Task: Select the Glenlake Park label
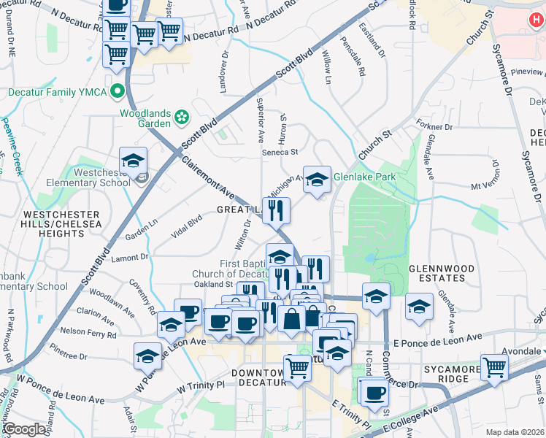(364, 177)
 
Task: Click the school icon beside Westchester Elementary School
(133, 162)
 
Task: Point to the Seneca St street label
(281, 152)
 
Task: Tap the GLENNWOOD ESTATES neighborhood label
(437, 273)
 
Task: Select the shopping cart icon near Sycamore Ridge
(494, 366)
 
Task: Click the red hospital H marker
(534, 22)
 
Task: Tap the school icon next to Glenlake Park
(317, 179)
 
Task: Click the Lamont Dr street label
(130, 257)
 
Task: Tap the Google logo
(25, 430)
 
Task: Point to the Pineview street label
(528, 72)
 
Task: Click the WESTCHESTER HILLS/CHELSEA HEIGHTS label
(53, 223)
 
